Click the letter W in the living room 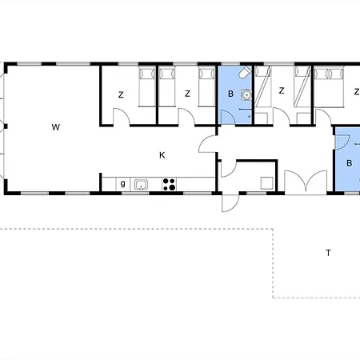(x=55, y=127)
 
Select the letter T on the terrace (x=328, y=253)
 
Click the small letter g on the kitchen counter (x=122, y=184)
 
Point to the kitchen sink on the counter (x=141, y=185)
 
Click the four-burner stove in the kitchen (x=169, y=185)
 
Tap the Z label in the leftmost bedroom (x=121, y=94)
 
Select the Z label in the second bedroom (x=187, y=94)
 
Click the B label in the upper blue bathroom (x=230, y=94)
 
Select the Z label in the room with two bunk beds (x=281, y=91)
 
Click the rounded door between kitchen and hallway (x=209, y=145)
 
